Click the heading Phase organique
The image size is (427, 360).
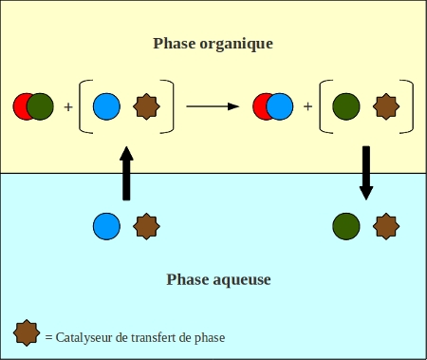[x=213, y=44]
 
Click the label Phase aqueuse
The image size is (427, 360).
[x=219, y=279]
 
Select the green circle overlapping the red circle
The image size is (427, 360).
[x=41, y=106]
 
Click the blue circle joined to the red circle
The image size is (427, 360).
[x=281, y=106]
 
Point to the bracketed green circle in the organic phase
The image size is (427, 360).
[x=347, y=106]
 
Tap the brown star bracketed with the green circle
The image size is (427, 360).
[x=386, y=106]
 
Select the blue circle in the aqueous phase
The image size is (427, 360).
[x=106, y=226]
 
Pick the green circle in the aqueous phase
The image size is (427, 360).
[x=346, y=226]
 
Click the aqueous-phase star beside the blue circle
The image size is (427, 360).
[x=146, y=226]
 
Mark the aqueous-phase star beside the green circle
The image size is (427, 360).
[x=386, y=226]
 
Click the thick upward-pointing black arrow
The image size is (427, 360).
[x=126, y=173]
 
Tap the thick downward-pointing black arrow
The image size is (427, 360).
[x=366, y=173]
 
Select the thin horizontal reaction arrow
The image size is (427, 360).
[x=212, y=106]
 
